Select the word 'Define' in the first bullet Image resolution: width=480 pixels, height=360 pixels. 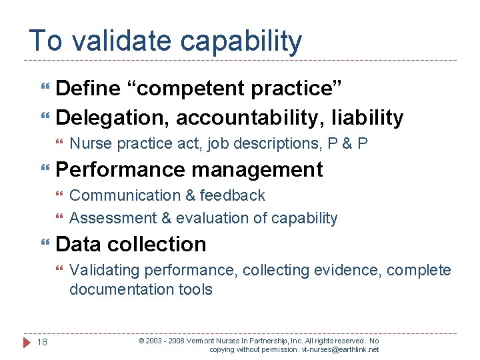88,89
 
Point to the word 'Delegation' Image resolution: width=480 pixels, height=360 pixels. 113,118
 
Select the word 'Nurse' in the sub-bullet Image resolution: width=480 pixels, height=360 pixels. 88,143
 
